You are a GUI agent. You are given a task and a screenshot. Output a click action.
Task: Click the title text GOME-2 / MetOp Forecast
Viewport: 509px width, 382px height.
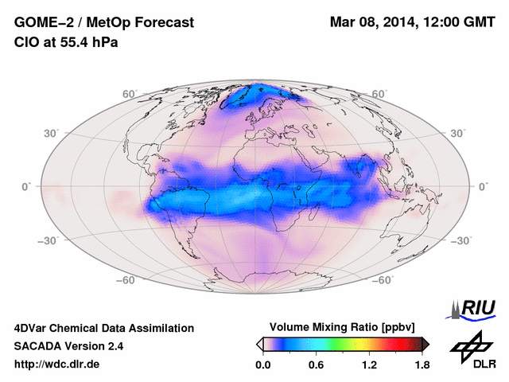[x=103, y=23]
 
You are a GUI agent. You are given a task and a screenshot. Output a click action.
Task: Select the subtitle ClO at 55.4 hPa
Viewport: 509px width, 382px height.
[x=66, y=41]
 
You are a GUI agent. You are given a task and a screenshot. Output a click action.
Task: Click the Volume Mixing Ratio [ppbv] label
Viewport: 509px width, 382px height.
[x=344, y=327]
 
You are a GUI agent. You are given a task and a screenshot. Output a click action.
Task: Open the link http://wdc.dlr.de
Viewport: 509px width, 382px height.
[x=57, y=364]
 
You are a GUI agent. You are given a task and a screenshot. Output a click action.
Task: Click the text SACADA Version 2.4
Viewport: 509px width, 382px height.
[x=68, y=346]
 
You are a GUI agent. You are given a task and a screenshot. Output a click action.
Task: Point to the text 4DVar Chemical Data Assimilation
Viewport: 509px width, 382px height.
[x=103, y=328]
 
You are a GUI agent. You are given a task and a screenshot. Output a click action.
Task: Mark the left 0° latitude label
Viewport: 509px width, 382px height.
[x=25, y=186]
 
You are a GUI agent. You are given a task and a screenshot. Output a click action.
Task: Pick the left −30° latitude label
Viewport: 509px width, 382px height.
[x=48, y=240]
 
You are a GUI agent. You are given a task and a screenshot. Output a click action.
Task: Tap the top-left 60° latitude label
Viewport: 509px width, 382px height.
[x=130, y=94]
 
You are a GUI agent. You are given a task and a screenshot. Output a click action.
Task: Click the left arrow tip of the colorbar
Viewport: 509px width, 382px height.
[x=260, y=343]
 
